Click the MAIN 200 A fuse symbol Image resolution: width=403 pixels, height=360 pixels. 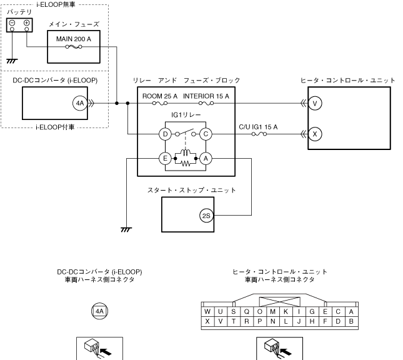[x=74, y=47]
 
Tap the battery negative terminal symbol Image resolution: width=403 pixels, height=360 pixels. [x=12, y=23]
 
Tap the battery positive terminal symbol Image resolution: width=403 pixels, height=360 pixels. [x=26, y=23]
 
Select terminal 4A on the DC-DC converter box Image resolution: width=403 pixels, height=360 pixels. [x=80, y=103]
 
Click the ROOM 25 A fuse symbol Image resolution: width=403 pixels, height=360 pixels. [x=160, y=103]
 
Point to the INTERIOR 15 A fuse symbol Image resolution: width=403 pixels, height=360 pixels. [x=206, y=103]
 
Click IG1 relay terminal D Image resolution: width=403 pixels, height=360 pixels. [x=165, y=134]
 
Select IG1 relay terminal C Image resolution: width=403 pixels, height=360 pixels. [x=206, y=134]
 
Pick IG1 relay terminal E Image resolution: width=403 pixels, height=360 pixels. [x=165, y=158]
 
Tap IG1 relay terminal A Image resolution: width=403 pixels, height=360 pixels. [x=206, y=158]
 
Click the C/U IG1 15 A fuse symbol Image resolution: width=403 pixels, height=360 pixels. [x=259, y=134]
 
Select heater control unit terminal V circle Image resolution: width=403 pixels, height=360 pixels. [x=315, y=103]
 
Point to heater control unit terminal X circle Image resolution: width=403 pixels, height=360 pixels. [x=315, y=134]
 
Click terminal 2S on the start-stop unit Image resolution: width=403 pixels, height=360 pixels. [x=206, y=216]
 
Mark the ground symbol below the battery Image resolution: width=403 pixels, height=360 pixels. [x=12, y=61]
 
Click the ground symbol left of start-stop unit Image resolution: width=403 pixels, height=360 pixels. [x=126, y=229]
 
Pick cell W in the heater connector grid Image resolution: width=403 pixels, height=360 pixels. [x=207, y=311]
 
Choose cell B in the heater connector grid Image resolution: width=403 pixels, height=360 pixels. [x=351, y=321]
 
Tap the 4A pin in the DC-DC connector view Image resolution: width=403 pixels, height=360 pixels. [x=99, y=311]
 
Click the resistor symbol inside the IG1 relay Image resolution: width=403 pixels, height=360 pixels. [x=186, y=163]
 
